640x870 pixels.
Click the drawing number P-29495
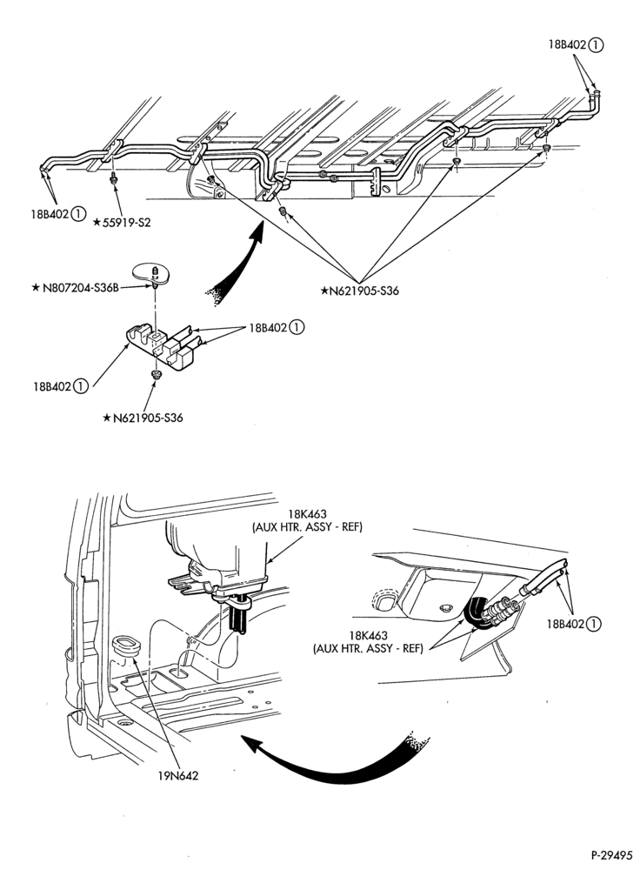click(x=610, y=855)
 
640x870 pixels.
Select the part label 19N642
click(x=178, y=775)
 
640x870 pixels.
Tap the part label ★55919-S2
click(x=122, y=223)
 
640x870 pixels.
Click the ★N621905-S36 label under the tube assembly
click(x=360, y=291)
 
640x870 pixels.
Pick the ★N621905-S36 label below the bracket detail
click(x=143, y=418)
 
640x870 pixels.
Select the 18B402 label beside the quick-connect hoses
click(x=574, y=624)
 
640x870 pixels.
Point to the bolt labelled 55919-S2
click(x=112, y=177)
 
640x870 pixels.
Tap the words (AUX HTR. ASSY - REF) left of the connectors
click(x=368, y=647)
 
